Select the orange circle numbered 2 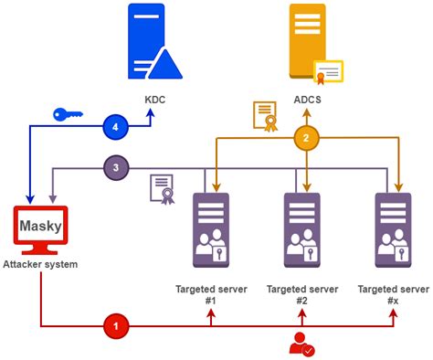point(307,139)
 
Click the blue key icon point(69,115)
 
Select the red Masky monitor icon point(40,229)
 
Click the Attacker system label point(42,264)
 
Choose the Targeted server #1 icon point(211,228)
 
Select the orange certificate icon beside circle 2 point(265,116)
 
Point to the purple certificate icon point(162,189)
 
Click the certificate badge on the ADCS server point(328,72)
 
